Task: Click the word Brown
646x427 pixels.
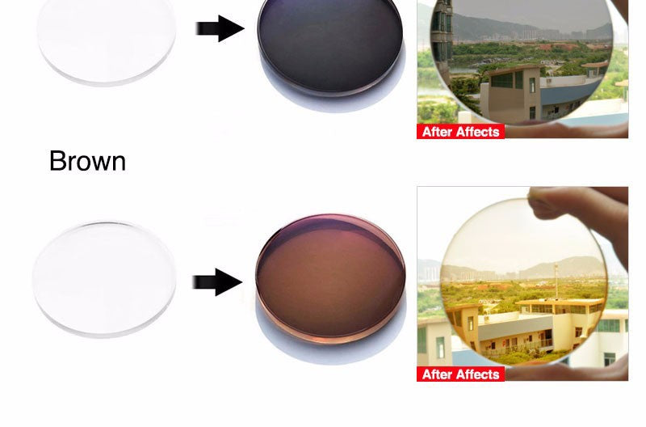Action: point(87,161)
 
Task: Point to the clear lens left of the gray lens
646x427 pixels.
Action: point(106,40)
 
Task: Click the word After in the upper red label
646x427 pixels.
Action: point(438,132)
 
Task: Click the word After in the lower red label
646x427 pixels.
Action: point(438,374)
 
